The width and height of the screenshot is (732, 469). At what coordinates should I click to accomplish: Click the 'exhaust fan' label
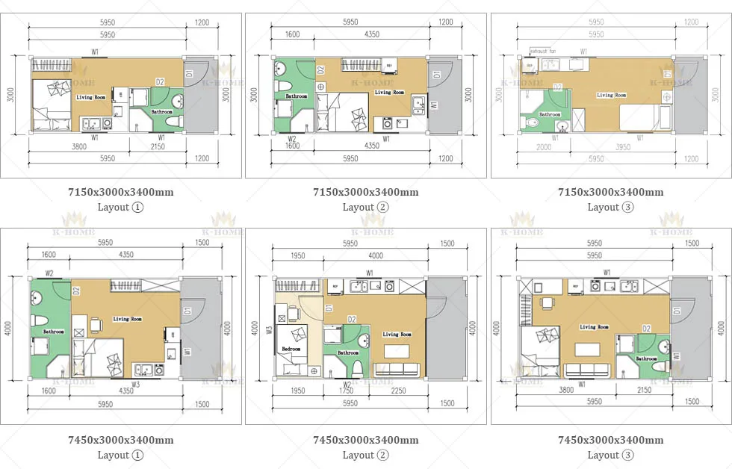[x=543, y=51]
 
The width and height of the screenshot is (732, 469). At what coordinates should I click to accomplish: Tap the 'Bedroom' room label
[x=292, y=349]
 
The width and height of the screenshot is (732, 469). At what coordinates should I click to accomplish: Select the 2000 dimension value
[x=544, y=147]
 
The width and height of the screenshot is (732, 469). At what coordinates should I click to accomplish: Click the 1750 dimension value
[x=347, y=391]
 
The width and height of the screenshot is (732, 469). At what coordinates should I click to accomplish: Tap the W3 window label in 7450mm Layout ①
[x=135, y=385]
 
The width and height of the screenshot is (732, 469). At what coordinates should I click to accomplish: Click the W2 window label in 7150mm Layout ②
[x=292, y=138]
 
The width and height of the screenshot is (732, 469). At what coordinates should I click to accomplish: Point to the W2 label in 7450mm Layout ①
[x=49, y=273]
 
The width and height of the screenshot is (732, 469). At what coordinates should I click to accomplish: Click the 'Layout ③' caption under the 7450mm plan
[x=610, y=455]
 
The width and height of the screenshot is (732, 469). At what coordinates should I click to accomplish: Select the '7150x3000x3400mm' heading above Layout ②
[x=365, y=192]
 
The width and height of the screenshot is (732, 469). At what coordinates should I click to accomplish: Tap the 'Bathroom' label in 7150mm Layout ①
[x=162, y=112]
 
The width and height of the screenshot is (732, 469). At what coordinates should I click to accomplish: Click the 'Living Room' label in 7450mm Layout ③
[x=595, y=327]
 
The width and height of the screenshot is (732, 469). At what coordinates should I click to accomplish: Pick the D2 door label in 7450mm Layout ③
[x=647, y=329]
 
